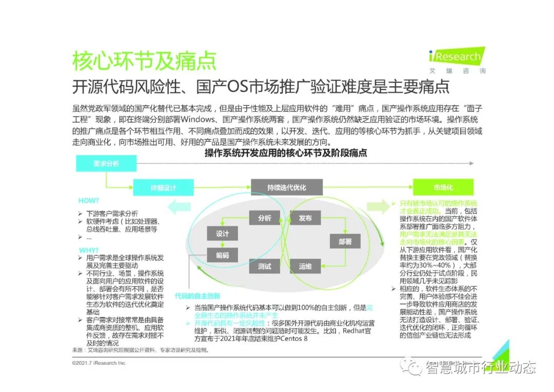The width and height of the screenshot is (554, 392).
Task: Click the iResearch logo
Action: coord(456,61)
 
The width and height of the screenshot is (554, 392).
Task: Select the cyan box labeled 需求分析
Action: coord(106,163)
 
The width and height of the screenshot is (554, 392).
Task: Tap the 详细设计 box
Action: coord(163,188)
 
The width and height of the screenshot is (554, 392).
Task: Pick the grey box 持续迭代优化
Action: coord(286,188)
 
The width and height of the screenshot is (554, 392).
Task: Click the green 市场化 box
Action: coord(443,188)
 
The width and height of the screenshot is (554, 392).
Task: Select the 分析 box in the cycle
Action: coord(264,218)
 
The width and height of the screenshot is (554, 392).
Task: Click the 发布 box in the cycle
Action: coord(305,218)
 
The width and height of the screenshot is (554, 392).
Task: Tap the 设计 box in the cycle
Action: coord(222,233)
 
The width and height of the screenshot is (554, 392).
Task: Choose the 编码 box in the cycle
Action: coord(222,255)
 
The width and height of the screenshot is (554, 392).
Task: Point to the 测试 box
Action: coord(264,266)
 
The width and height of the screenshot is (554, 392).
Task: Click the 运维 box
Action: coord(305,266)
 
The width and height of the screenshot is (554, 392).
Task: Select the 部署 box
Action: coord(345,241)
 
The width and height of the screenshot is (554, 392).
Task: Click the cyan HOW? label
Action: coord(89,201)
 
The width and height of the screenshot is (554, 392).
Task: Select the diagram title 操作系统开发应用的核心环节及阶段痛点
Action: coord(286,153)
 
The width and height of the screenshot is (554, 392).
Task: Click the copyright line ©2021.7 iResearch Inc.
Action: coord(99,363)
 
